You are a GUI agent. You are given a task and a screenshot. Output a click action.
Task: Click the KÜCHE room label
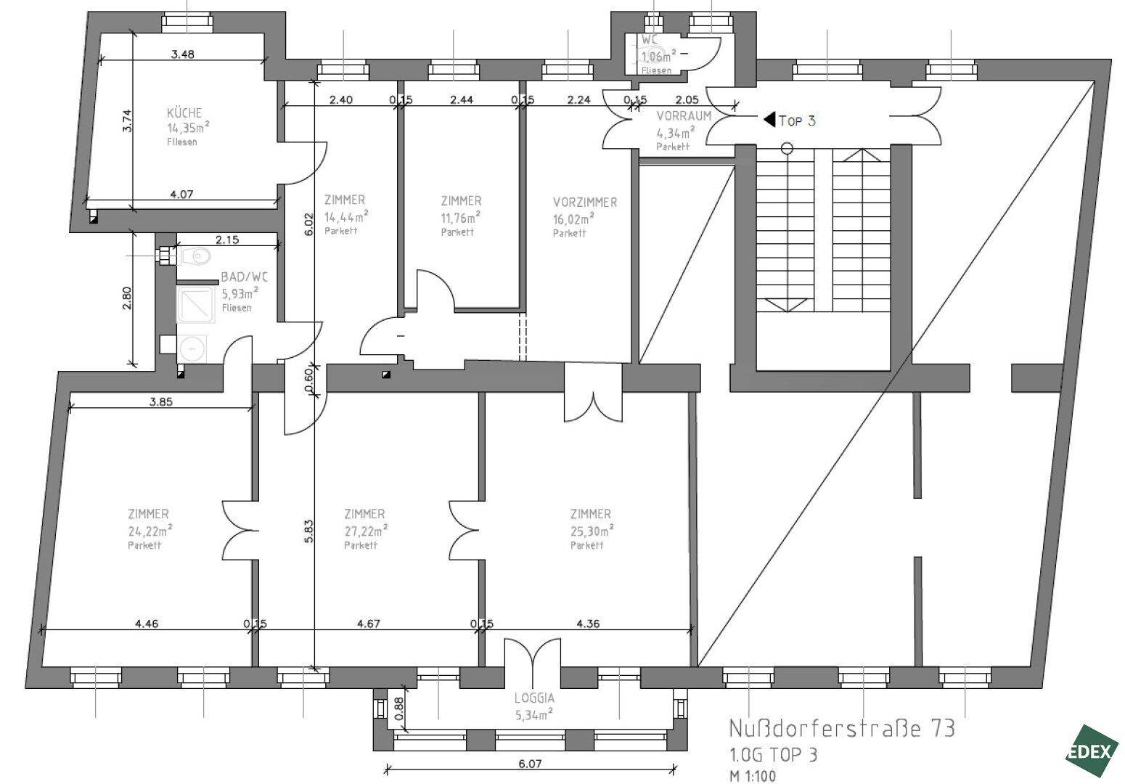184,113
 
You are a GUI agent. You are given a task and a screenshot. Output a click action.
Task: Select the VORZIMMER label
584,203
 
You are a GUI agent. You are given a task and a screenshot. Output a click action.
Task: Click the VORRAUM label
684,116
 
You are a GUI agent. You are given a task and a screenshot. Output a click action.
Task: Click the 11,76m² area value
460,217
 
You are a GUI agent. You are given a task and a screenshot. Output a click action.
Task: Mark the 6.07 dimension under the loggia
531,764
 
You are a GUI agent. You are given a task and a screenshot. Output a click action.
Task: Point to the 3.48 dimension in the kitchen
182,54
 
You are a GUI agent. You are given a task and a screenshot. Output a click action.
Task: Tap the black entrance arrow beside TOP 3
769,120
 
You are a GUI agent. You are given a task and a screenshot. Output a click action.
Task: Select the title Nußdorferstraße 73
841,728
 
